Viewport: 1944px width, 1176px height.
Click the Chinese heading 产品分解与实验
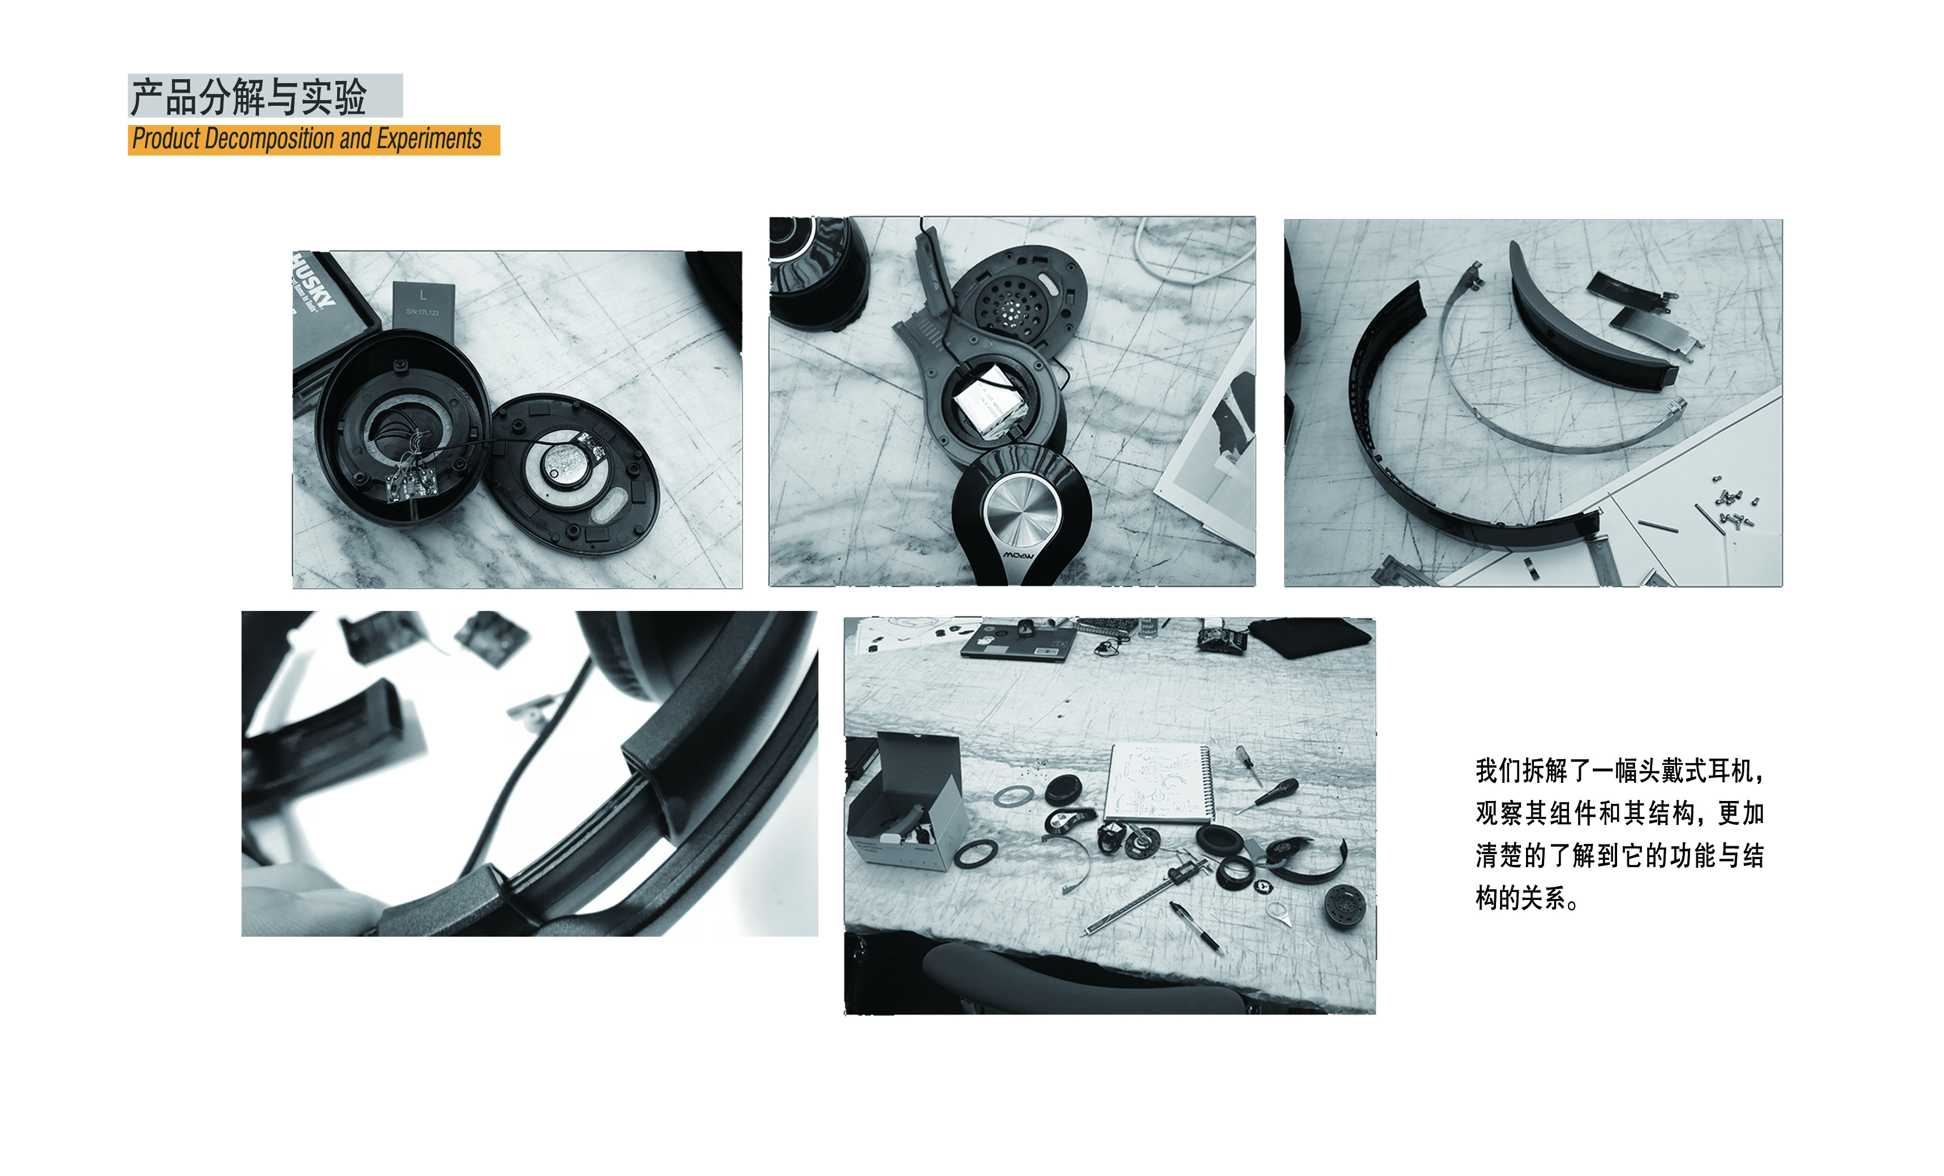pos(248,96)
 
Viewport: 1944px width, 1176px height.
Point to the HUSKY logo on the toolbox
pos(313,284)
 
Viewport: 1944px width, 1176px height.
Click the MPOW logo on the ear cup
pos(1018,555)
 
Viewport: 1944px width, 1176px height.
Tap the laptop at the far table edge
pos(1018,641)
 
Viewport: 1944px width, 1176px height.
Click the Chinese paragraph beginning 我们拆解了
pos(1619,833)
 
